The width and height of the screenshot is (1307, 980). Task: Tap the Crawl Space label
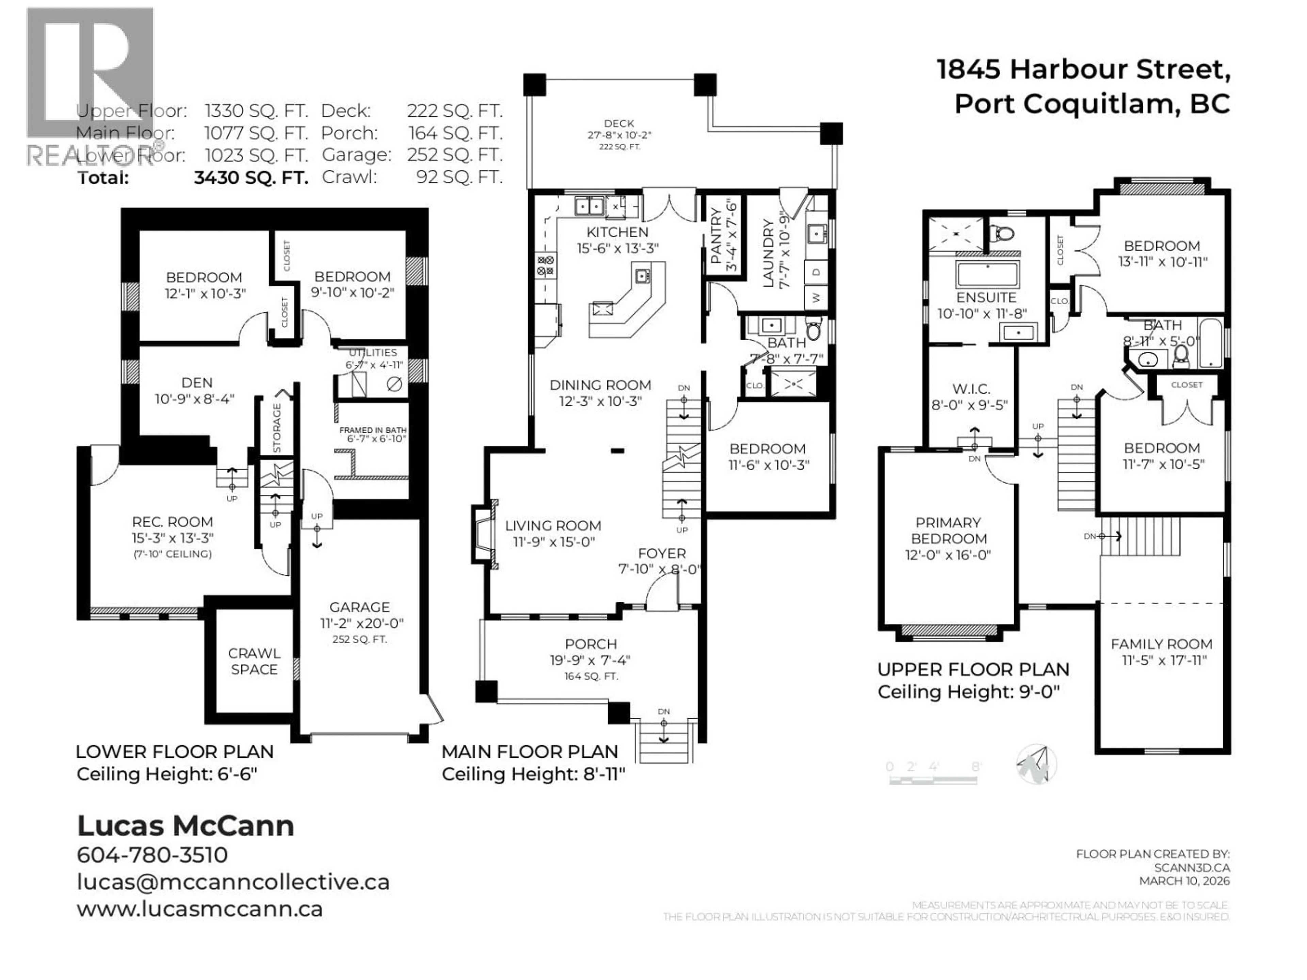[254, 661]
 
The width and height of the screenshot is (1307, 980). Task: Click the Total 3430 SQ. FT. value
[251, 178]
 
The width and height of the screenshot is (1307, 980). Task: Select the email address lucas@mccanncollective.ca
[233, 882]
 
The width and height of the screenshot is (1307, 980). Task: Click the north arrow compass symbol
[1036, 764]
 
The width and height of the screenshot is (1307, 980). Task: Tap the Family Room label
[1161, 644]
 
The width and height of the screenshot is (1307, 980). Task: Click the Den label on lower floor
[197, 383]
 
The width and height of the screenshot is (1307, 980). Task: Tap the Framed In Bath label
[372, 430]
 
